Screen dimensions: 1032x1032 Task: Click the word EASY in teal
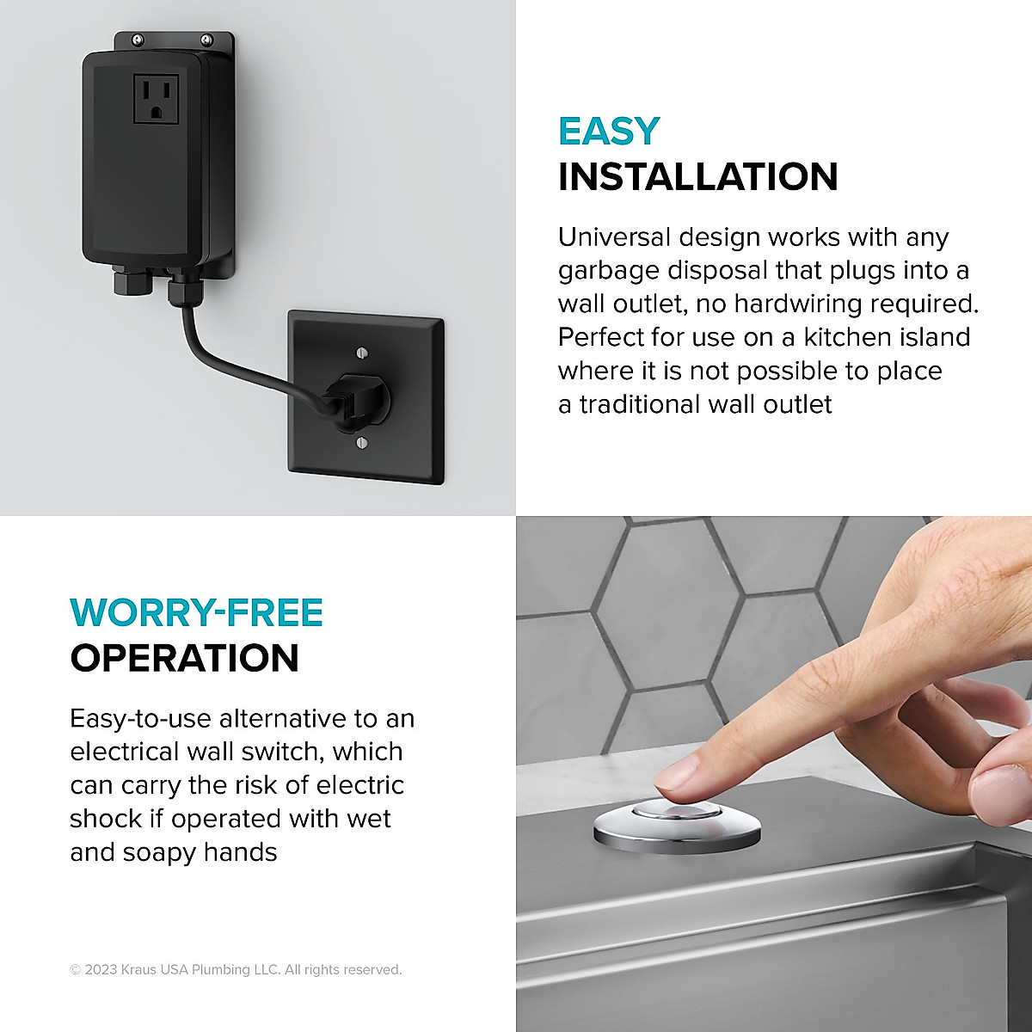pos(609,132)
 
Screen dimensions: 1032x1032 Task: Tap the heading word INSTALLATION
pos(697,177)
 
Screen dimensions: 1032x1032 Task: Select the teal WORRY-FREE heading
pos(196,613)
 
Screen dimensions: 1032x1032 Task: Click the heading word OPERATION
pos(184,659)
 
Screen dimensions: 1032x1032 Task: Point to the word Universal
pos(614,237)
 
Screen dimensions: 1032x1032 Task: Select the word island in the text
pos(932,337)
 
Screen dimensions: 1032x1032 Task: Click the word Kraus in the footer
pos(139,970)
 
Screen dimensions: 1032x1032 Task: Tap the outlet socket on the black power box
pos(156,97)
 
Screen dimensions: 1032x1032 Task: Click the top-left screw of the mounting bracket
pos(138,40)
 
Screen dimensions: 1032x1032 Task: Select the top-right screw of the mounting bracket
pos(206,40)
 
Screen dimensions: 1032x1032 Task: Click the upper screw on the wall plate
pos(361,353)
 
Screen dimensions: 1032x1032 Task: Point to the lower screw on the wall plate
pos(361,443)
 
